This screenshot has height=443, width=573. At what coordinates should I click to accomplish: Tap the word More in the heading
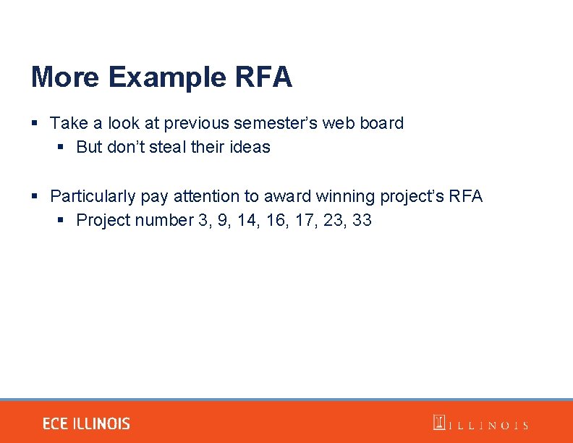coord(64,77)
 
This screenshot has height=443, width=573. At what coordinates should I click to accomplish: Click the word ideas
coord(250,147)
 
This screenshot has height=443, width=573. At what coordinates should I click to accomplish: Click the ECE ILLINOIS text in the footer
coord(86,423)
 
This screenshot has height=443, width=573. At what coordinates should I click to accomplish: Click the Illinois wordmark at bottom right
coord(480,424)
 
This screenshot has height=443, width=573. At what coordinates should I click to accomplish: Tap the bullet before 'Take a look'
coord(35,124)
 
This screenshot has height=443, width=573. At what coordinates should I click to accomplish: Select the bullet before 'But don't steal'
coord(61,148)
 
